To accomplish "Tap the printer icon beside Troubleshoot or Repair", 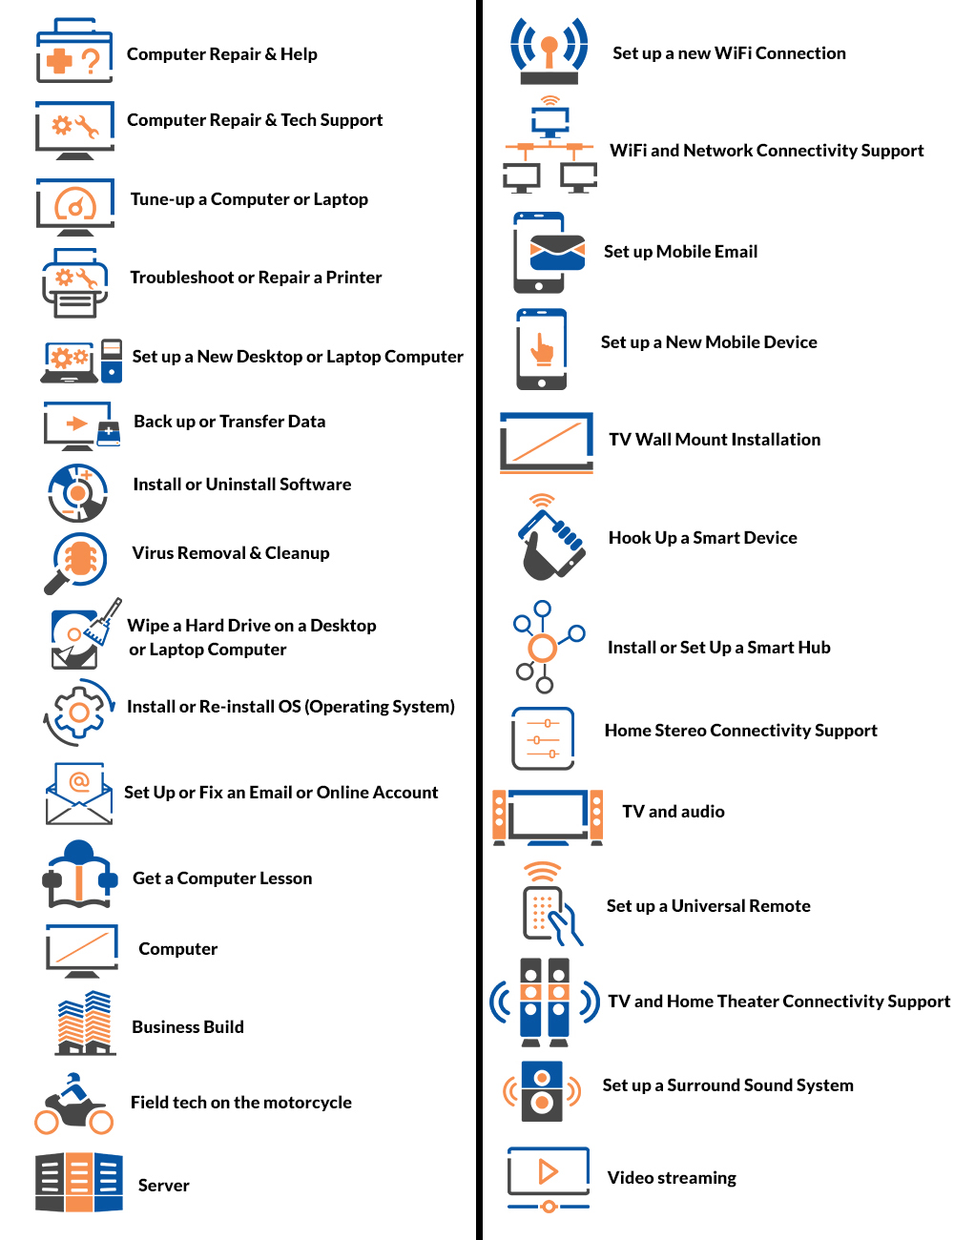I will (x=74, y=283).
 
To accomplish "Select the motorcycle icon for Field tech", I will (x=73, y=1106).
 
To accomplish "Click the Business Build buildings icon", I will (x=85, y=1023).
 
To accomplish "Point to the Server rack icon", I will (x=79, y=1183).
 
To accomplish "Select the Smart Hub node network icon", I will (x=543, y=648).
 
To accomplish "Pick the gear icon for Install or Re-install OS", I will (x=79, y=712).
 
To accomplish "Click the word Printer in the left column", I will (x=354, y=278).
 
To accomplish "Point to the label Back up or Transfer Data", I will (x=229, y=422).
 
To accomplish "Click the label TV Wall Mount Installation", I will (x=715, y=440).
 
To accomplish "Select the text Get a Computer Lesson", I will (x=222, y=878).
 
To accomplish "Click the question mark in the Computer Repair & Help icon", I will (x=91, y=62).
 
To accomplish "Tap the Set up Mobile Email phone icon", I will (x=544, y=253).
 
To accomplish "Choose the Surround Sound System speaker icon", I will (x=542, y=1090).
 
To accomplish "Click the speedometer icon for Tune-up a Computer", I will (x=75, y=204).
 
